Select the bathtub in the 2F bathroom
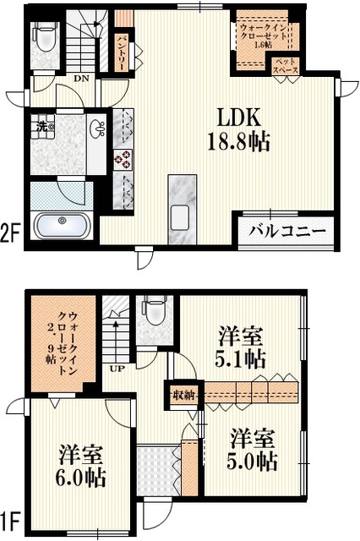click(x=63, y=226)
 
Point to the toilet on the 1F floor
click(x=155, y=312)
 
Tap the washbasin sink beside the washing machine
click(x=97, y=131)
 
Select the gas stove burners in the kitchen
click(x=123, y=158)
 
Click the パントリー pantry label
click(x=122, y=49)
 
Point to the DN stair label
click(x=81, y=79)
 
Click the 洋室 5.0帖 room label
click(x=251, y=450)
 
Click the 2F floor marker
click(x=10, y=232)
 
